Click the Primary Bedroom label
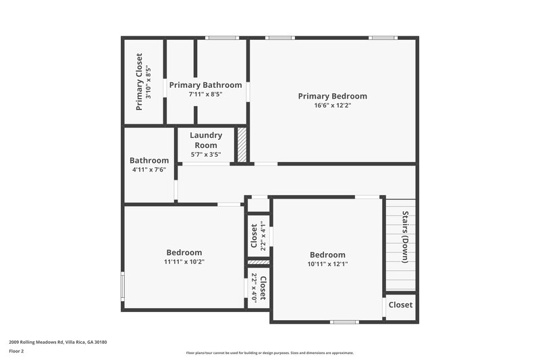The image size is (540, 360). click(x=332, y=96)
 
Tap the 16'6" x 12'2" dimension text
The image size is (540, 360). click(x=332, y=105)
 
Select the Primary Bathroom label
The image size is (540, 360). click(x=205, y=85)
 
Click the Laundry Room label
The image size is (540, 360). click(x=206, y=140)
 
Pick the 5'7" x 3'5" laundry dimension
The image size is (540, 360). click(x=206, y=155)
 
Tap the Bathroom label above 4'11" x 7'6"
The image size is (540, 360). click(x=149, y=160)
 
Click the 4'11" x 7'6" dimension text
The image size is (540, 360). click(x=149, y=170)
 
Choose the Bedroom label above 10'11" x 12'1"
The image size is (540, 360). click(x=327, y=255)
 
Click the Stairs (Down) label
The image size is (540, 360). click(x=406, y=237)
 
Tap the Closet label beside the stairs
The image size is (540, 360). click(x=400, y=305)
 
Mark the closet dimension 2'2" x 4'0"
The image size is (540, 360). click(x=254, y=288)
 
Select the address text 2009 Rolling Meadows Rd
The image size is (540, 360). click(x=57, y=342)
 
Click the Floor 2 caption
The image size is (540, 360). click(x=17, y=351)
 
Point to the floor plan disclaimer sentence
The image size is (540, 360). click(x=269, y=353)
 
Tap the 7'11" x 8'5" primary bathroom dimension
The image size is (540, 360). click(x=205, y=95)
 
